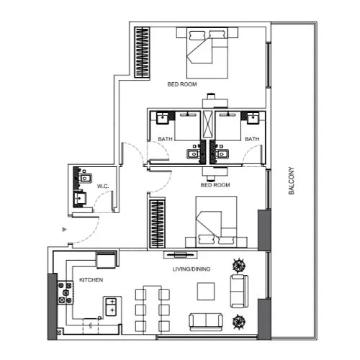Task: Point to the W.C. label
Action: click(102, 186)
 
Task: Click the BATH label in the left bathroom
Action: click(165, 138)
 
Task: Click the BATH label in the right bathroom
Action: click(251, 138)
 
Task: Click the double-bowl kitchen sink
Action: click(112, 307)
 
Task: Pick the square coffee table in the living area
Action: click(206, 289)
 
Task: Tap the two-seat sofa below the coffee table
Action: click(205, 320)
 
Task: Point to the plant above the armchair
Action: click(238, 264)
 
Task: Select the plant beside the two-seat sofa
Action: click(239, 320)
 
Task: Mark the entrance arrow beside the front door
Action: click(65, 229)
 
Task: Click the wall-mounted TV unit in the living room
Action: click(179, 253)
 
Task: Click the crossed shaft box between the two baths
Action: click(208, 125)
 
